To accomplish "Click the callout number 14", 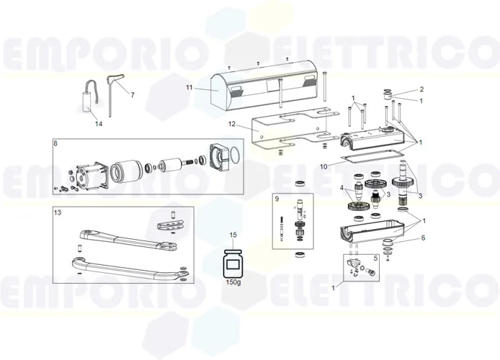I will click(x=99, y=123).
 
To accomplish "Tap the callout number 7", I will click(x=132, y=95).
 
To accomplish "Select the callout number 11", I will click(x=189, y=88).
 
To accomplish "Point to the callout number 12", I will click(x=232, y=125).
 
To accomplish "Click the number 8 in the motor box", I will click(x=56, y=144).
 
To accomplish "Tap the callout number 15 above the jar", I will click(x=233, y=235).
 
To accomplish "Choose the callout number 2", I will click(x=421, y=89).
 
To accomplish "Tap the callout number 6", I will click(x=424, y=238).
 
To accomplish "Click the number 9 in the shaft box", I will click(x=276, y=198).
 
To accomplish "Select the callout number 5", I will click(x=375, y=257).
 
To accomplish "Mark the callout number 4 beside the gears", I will click(x=343, y=189).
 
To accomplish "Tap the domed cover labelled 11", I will click(x=267, y=86).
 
